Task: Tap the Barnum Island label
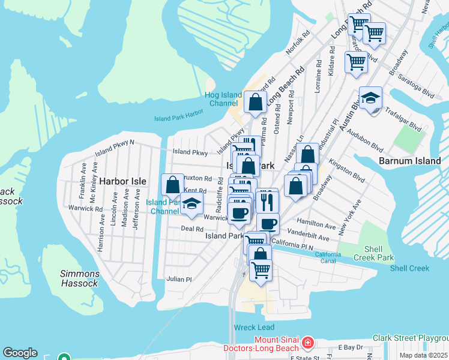[x=410, y=161]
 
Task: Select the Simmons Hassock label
[x=79, y=278]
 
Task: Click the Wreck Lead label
[x=255, y=328]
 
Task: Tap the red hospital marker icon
[x=308, y=342]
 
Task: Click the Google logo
[x=20, y=353]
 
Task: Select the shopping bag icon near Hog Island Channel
[x=255, y=101]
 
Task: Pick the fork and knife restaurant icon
[x=267, y=200]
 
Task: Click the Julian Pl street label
[x=179, y=279]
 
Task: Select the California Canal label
[x=335, y=256]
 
